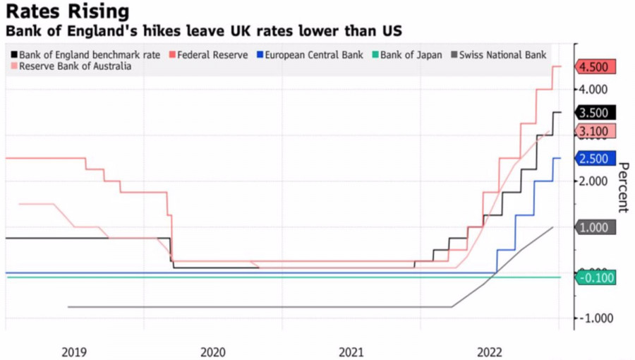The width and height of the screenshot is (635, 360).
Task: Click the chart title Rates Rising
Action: click(68, 11)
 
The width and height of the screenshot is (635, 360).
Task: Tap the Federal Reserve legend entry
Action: click(212, 54)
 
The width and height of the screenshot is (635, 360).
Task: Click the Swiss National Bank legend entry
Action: click(502, 54)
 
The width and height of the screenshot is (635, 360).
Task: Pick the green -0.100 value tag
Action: click(597, 277)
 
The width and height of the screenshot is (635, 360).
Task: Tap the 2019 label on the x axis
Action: click(74, 351)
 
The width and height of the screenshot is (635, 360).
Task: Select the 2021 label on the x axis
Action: click(351, 351)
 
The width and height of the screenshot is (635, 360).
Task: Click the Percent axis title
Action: click(623, 187)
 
